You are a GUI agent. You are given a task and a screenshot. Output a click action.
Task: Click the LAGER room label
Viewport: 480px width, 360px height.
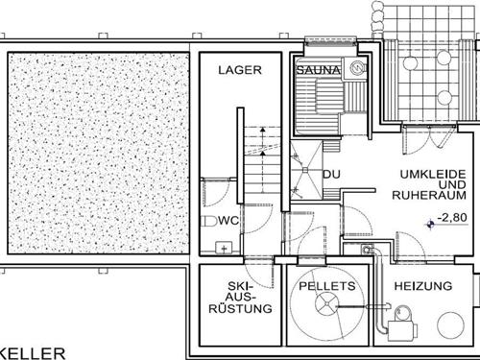[x=240, y=70]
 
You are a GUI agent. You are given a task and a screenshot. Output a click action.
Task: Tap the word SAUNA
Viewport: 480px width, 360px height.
[x=316, y=70]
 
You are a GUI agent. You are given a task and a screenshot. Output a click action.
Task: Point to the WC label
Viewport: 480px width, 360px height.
[x=228, y=221]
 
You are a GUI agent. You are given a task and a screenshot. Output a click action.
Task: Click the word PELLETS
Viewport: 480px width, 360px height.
[x=327, y=286]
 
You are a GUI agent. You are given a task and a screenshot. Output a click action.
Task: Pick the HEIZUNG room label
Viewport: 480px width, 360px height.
[x=423, y=286]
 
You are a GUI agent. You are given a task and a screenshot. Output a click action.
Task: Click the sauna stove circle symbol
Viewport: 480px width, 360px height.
[x=357, y=69]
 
